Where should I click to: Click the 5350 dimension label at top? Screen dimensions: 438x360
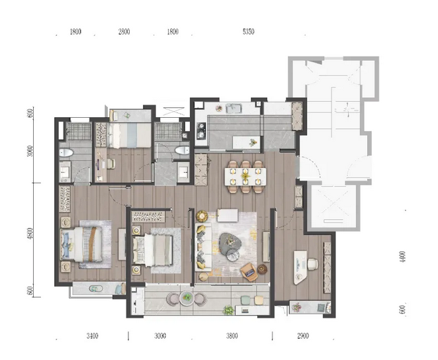click(248, 32)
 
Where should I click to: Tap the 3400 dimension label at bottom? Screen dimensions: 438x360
click(92, 336)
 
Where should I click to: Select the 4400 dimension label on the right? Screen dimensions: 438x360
click(402, 257)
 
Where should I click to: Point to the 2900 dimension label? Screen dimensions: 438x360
click(303, 336)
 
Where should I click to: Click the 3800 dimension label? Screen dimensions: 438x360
click(232, 336)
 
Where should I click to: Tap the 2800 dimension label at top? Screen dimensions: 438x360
click(124, 32)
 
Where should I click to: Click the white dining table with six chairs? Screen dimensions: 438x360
click(245, 177)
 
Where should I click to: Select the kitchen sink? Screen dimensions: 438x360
click(234, 109)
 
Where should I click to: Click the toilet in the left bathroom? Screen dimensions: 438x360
click(66, 152)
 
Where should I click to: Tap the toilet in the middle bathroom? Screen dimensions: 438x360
click(182, 150)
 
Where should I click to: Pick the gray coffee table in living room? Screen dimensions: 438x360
click(230, 244)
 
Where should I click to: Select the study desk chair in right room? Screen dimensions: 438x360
click(312, 264)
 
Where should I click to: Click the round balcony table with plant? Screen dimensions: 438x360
click(187, 298)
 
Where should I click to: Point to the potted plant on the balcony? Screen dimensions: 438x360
click(228, 310)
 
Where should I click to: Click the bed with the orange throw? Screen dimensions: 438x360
click(81, 244)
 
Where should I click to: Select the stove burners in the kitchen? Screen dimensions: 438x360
click(200, 131)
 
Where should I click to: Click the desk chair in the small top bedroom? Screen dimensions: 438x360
click(110, 163)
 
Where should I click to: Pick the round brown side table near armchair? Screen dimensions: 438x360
click(262, 269)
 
